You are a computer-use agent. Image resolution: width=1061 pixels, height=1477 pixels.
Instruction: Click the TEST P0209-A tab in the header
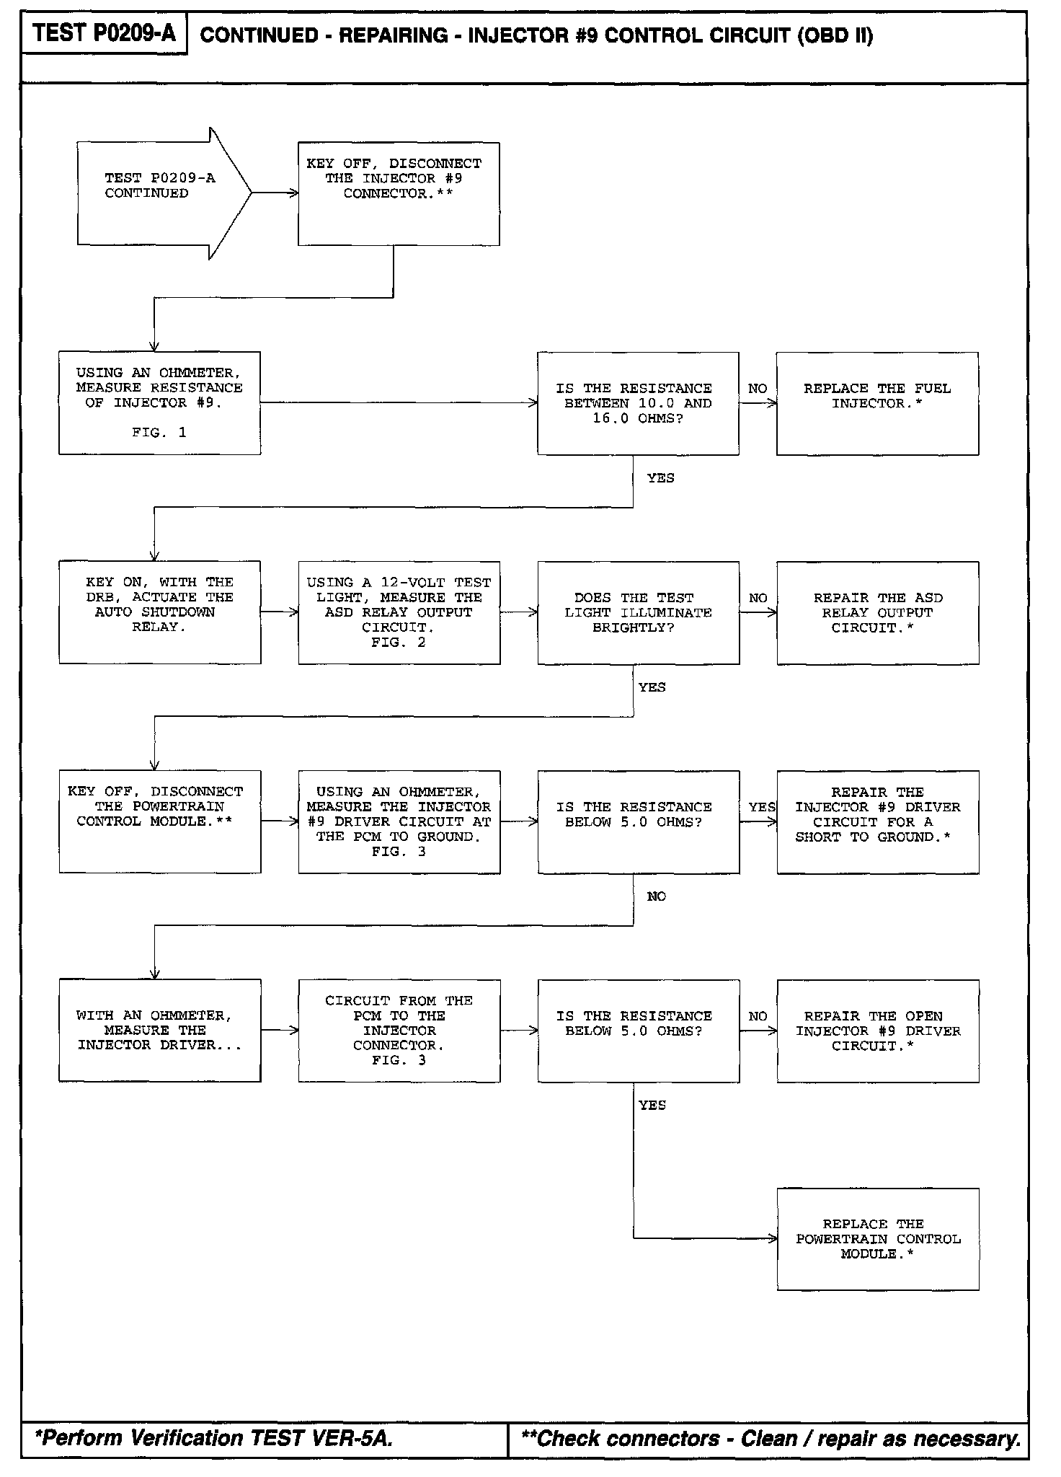pos(104,33)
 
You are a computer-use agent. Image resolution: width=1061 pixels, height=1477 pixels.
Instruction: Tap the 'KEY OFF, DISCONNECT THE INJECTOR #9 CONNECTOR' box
pos(399,193)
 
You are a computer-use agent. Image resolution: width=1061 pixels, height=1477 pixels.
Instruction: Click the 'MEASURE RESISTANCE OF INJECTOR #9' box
pos(159,402)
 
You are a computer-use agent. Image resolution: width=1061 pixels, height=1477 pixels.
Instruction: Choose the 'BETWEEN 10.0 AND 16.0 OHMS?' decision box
pos(637,403)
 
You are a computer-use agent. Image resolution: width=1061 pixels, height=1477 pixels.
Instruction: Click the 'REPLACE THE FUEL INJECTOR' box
pos(877,403)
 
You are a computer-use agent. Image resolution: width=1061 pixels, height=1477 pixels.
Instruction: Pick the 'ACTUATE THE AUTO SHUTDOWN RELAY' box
pos(159,612)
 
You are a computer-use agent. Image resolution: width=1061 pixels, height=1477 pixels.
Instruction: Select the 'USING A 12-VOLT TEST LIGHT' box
pos(399,612)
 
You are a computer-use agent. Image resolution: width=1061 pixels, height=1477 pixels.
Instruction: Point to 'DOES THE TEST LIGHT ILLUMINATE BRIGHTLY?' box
pos(638,612)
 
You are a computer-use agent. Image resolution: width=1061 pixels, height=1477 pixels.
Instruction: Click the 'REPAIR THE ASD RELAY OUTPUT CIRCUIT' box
pos(877,612)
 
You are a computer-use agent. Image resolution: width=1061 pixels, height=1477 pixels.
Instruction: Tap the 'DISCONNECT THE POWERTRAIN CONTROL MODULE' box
pos(159,821)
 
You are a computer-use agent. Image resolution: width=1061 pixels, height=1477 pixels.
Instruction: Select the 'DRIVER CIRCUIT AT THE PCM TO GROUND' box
pos(399,821)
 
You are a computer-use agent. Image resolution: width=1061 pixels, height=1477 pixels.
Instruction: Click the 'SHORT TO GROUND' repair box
pos(877,821)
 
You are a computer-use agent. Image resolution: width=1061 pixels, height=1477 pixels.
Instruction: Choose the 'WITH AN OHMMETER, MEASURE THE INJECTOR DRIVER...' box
pos(159,1030)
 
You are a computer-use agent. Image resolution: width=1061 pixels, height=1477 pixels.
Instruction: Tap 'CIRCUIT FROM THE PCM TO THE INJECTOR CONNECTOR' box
pos(399,1030)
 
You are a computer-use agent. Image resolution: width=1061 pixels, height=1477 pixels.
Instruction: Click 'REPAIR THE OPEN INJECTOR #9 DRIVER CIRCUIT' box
pos(877,1031)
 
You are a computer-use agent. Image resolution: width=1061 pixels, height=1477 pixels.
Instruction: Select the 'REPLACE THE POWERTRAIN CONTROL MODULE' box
pos(877,1239)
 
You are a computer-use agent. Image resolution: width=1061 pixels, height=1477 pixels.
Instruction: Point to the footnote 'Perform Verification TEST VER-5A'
pos(214,1438)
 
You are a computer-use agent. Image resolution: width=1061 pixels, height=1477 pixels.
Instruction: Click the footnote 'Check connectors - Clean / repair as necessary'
pos(770,1438)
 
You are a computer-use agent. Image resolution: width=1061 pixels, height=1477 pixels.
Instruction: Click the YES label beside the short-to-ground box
pos(761,807)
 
